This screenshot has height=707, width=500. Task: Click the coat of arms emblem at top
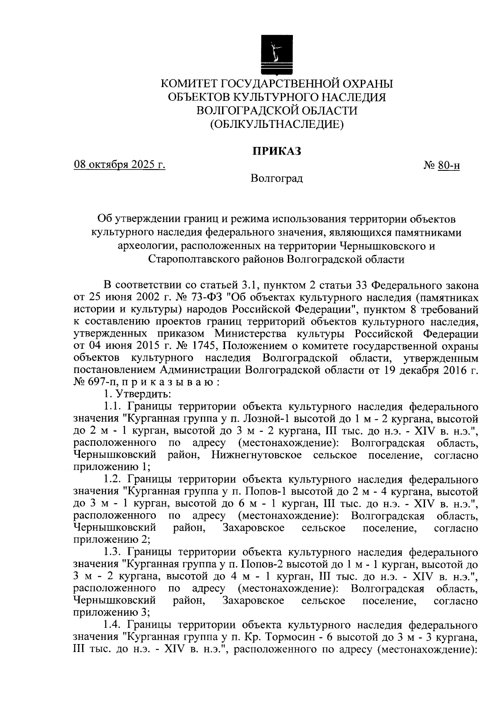pyautogui.click(x=275, y=54)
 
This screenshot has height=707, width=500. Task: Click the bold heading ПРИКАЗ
pyautogui.click(x=277, y=151)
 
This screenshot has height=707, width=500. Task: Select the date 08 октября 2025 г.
pyautogui.click(x=120, y=165)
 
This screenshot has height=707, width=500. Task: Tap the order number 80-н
pyautogui.click(x=449, y=166)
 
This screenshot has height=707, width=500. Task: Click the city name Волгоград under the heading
pyautogui.click(x=277, y=179)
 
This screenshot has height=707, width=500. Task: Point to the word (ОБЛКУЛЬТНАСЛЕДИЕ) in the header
pyautogui.click(x=277, y=124)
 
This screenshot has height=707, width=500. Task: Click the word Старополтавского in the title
pyautogui.click(x=194, y=259)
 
